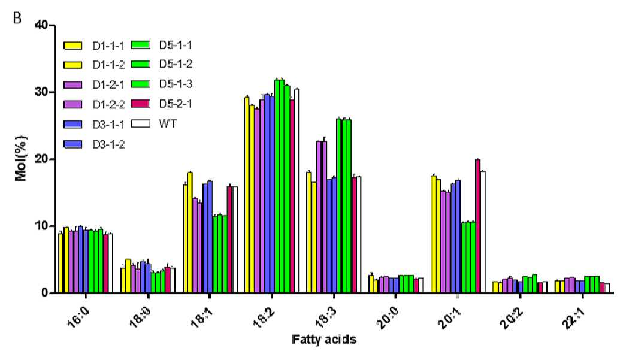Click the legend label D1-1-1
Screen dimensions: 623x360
(108, 46)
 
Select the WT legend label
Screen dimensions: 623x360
(168, 123)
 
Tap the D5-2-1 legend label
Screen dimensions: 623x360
(176, 104)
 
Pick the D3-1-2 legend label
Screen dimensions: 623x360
(108, 144)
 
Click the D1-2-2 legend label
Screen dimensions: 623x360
(108, 105)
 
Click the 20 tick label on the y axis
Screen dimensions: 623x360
(42, 159)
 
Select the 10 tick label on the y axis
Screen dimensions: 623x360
(42, 226)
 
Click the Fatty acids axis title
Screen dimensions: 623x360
(324, 340)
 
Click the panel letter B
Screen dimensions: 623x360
(17, 19)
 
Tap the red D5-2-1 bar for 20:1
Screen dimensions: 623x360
(477, 226)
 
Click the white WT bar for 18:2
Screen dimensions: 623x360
(297, 191)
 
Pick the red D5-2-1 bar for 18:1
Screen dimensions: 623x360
(229, 240)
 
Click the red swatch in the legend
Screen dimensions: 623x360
(141, 104)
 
